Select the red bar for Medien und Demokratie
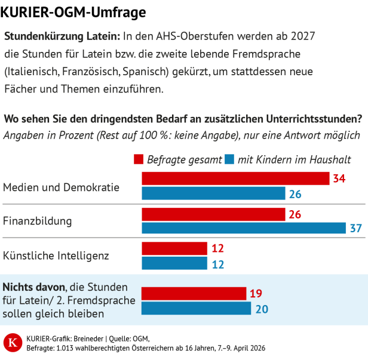[235, 179]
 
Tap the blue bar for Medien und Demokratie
[213, 193]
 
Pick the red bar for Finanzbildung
[213, 214]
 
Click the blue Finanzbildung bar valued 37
[244, 228]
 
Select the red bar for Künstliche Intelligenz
[174, 248]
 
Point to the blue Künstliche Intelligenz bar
[174, 263]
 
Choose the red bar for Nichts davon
[194, 293]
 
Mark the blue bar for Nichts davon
[196, 308]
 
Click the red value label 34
[340, 179]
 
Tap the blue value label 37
[356, 229]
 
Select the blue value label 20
[262, 309]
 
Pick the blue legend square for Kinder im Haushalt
[229, 159]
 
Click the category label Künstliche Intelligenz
[56, 256]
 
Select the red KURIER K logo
[12, 343]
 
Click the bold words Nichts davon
[34, 286]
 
